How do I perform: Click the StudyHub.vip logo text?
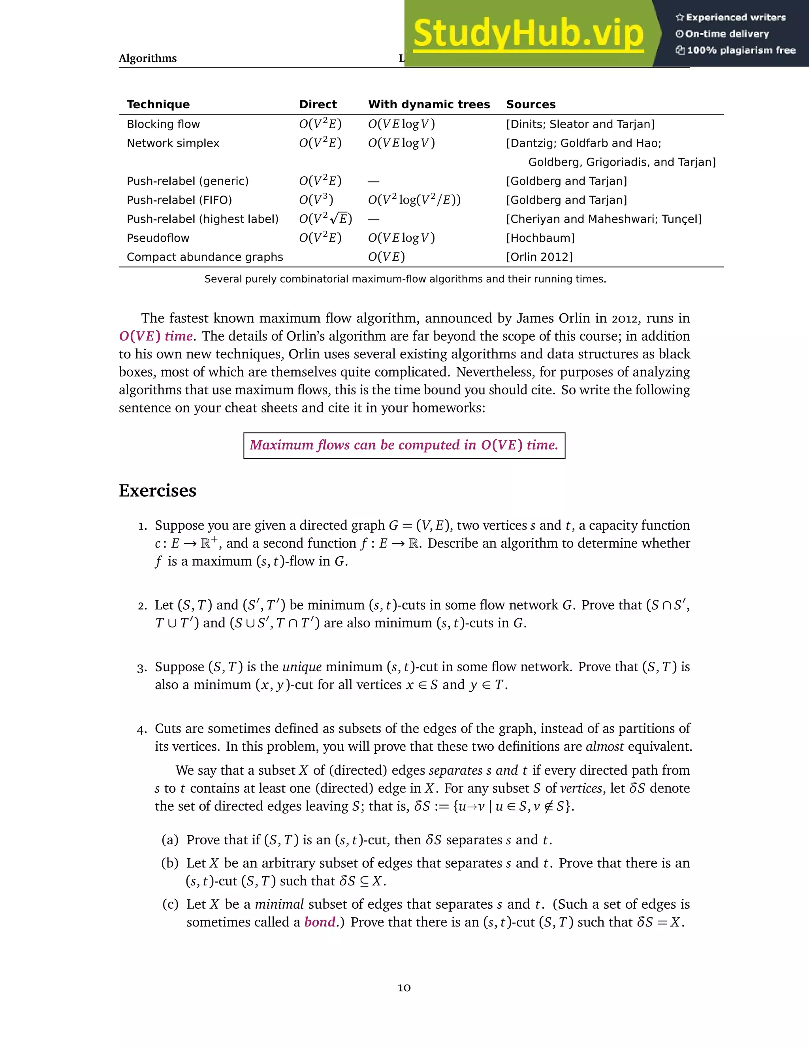(x=528, y=34)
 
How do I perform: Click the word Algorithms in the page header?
(x=148, y=58)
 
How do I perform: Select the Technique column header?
(x=158, y=105)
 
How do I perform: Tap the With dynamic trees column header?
(x=429, y=105)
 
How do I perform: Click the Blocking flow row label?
(x=163, y=124)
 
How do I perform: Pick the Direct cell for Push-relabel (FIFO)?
(x=316, y=200)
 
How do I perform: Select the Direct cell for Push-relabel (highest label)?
(x=325, y=219)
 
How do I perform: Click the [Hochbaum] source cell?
(x=540, y=238)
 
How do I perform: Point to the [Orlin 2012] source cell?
(x=539, y=257)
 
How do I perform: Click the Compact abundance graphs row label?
(x=205, y=257)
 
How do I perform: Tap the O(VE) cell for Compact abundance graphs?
(x=386, y=257)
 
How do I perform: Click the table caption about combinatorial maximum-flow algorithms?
(x=405, y=279)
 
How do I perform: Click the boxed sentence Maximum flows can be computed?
(x=404, y=445)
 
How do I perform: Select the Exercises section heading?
(x=157, y=491)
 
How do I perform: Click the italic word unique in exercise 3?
(x=302, y=667)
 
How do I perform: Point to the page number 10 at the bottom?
(x=404, y=988)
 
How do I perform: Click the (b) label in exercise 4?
(x=169, y=863)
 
